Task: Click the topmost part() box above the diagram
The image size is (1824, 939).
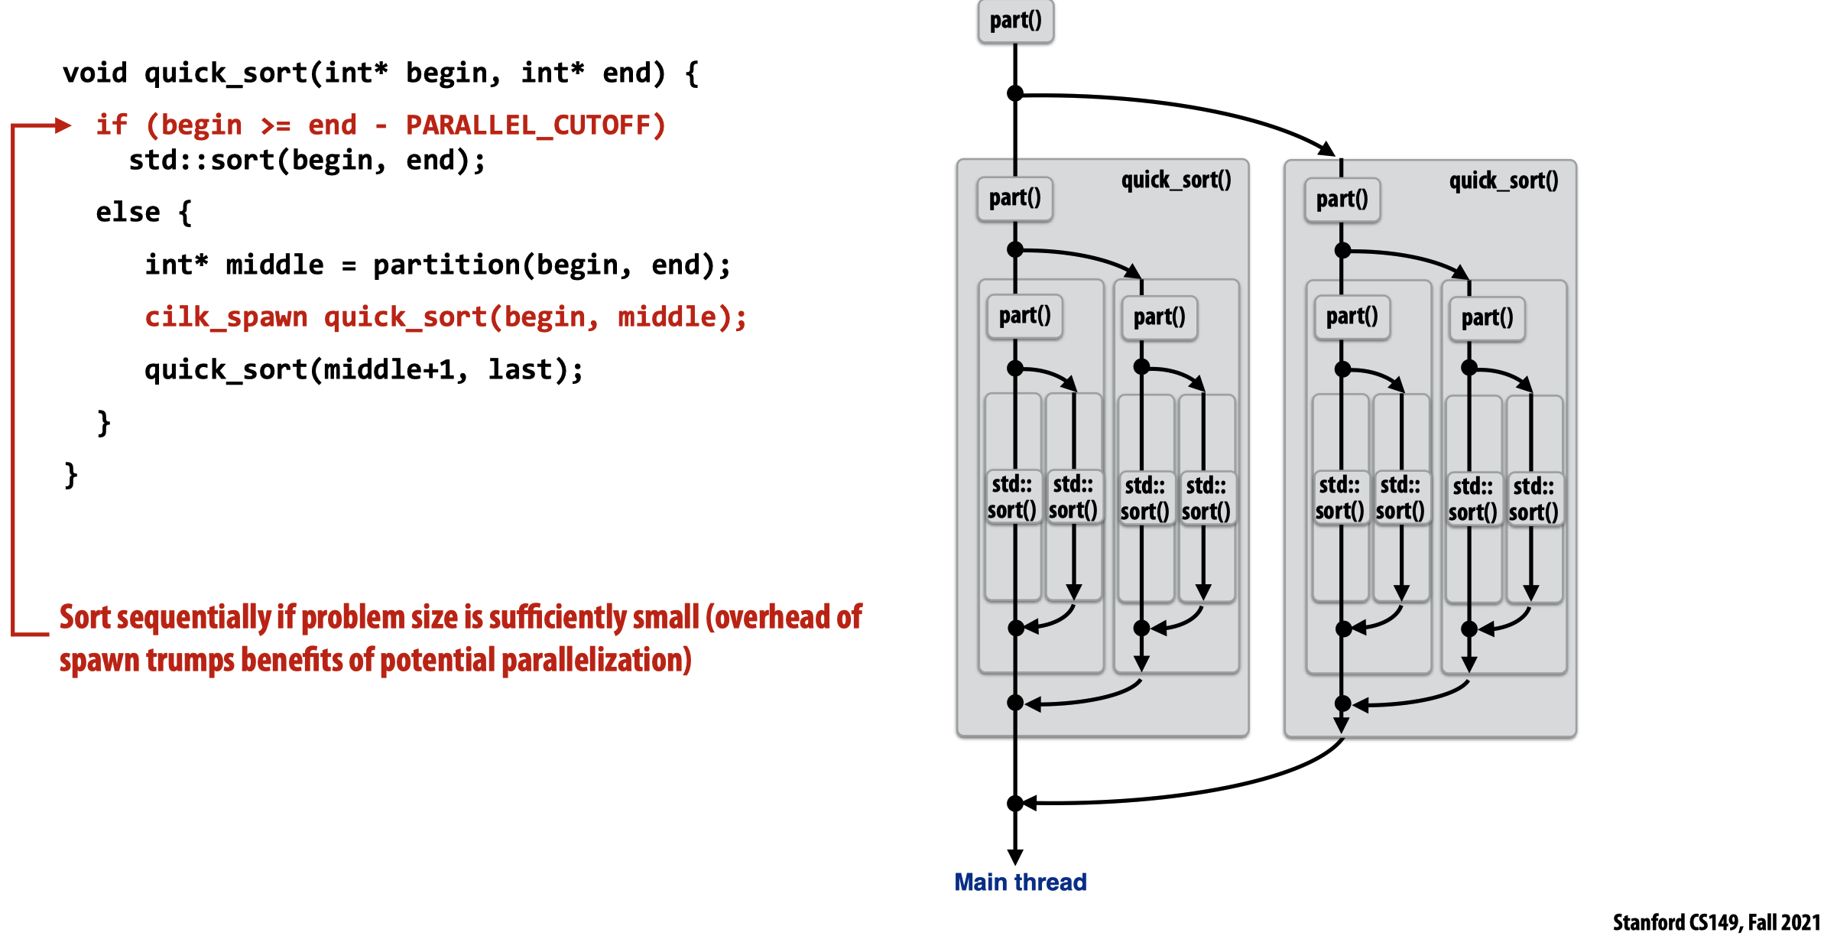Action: pyautogui.click(x=1015, y=21)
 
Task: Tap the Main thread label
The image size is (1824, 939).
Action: pyautogui.click(x=1020, y=882)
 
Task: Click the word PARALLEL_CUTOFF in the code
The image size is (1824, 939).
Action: pyautogui.click(x=535, y=125)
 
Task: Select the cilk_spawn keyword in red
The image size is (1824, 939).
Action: pyautogui.click(x=226, y=317)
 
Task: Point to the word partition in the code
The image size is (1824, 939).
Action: pyautogui.click(x=446, y=265)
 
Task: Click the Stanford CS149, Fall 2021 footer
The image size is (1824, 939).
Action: pyautogui.click(x=1716, y=923)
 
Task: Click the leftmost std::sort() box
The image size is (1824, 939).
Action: pyautogui.click(x=1011, y=497)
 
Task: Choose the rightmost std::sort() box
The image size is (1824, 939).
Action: pyautogui.click(x=1534, y=499)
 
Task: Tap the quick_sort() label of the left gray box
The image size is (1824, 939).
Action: pyautogui.click(x=1176, y=180)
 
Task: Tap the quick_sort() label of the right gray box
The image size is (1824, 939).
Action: pyautogui.click(x=1503, y=181)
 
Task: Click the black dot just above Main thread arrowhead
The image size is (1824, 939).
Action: pyautogui.click(x=1015, y=803)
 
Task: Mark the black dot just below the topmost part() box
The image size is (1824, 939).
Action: pyautogui.click(x=1015, y=93)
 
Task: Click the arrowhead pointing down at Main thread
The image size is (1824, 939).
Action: pyautogui.click(x=1015, y=856)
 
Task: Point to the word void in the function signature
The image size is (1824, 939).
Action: pyautogui.click(x=95, y=73)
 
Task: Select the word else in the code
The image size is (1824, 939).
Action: pyautogui.click(x=128, y=212)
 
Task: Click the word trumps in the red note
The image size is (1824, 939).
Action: pyautogui.click(x=190, y=660)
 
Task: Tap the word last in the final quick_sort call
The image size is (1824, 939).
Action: pyautogui.click(x=520, y=370)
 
